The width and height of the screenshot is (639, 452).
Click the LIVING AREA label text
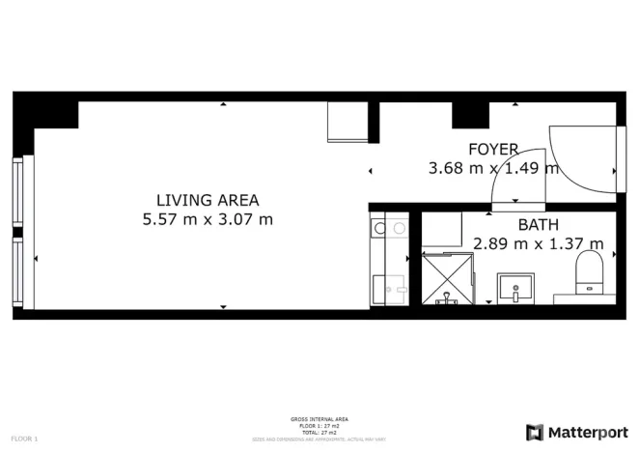click(208, 200)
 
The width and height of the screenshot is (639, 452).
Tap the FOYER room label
click(493, 149)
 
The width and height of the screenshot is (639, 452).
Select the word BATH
click(538, 225)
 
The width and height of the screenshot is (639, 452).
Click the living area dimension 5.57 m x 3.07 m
click(208, 219)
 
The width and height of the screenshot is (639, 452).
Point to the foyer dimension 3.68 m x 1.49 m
click(493, 168)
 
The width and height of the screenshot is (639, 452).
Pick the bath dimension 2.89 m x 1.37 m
click(538, 243)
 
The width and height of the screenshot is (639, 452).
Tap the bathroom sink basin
click(517, 287)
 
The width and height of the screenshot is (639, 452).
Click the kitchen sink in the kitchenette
click(390, 288)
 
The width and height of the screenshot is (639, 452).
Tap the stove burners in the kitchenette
click(390, 229)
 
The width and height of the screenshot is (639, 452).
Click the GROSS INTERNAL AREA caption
click(319, 419)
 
